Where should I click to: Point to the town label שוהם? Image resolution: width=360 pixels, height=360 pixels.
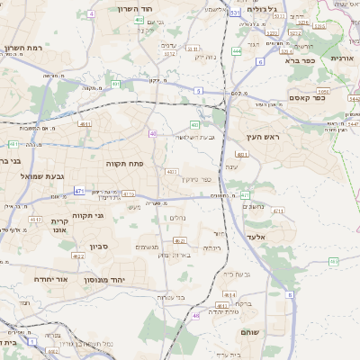249,332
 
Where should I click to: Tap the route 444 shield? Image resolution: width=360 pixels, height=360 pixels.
237,51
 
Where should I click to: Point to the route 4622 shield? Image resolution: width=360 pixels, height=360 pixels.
79,256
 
